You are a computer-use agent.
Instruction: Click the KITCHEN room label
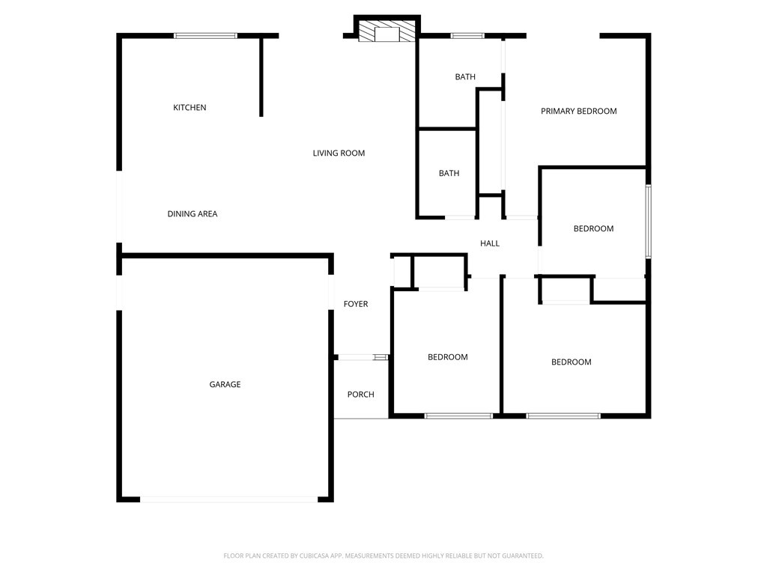pyautogui.click(x=190, y=108)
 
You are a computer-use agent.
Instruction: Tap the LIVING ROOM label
pyautogui.click(x=339, y=153)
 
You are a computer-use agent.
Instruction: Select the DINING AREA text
pyautogui.click(x=192, y=213)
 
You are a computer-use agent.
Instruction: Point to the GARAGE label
pyautogui.click(x=225, y=384)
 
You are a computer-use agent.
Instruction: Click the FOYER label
pyautogui.click(x=356, y=304)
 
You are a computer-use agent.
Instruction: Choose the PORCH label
pyautogui.click(x=360, y=395)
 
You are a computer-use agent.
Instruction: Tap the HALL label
pyautogui.click(x=490, y=243)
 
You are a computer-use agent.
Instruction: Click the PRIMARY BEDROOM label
pyautogui.click(x=579, y=112)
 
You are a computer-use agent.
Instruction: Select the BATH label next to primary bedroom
pyautogui.click(x=465, y=77)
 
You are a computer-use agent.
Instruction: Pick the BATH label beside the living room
pyautogui.click(x=449, y=173)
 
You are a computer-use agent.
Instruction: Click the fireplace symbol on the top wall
pyautogui.click(x=387, y=31)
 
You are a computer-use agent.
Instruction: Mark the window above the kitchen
pyautogui.click(x=205, y=36)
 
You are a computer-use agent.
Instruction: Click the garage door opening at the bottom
pyautogui.click(x=229, y=499)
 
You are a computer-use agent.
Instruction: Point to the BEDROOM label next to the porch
pyautogui.click(x=448, y=357)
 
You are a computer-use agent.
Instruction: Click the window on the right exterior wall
pyautogui.click(x=648, y=221)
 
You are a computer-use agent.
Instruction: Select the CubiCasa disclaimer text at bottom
pyautogui.click(x=383, y=556)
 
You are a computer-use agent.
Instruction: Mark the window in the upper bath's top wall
pyautogui.click(x=467, y=36)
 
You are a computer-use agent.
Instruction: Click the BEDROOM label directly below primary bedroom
pyautogui.click(x=593, y=229)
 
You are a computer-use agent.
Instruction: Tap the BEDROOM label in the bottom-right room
pyautogui.click(x=572, y=362)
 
